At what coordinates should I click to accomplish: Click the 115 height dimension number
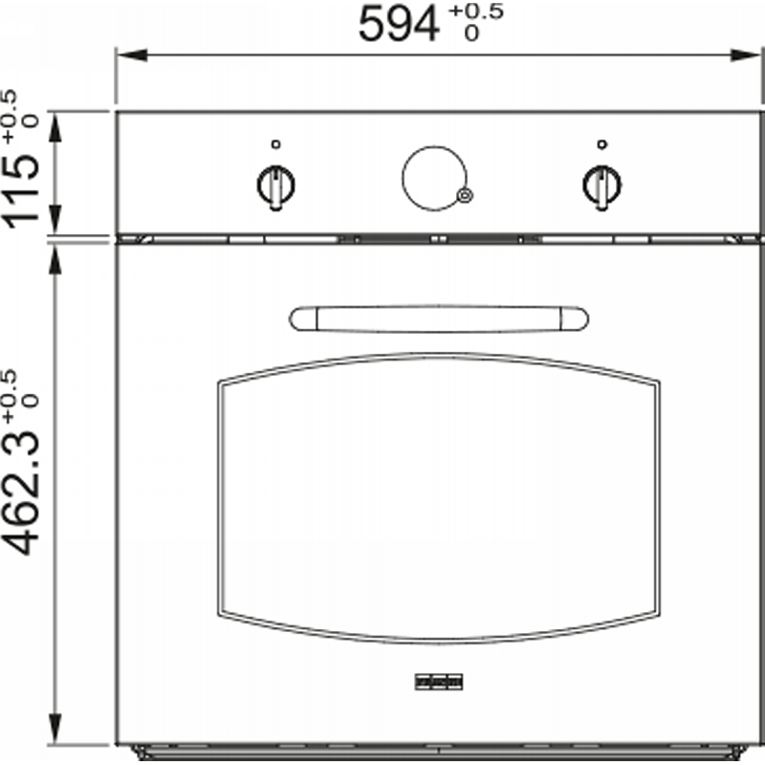[x=21, y=190]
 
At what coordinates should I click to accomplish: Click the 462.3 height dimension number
[x=21, y=493]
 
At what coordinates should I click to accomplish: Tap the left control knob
[x=275, y=187]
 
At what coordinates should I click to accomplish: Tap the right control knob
[x=602, y=187]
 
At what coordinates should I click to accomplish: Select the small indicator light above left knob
[x=275, y=144]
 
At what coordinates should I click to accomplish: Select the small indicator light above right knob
[x=602, y=144]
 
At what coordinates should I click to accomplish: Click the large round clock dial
[x=403, y=178]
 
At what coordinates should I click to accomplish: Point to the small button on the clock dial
[x=465, y=195]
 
